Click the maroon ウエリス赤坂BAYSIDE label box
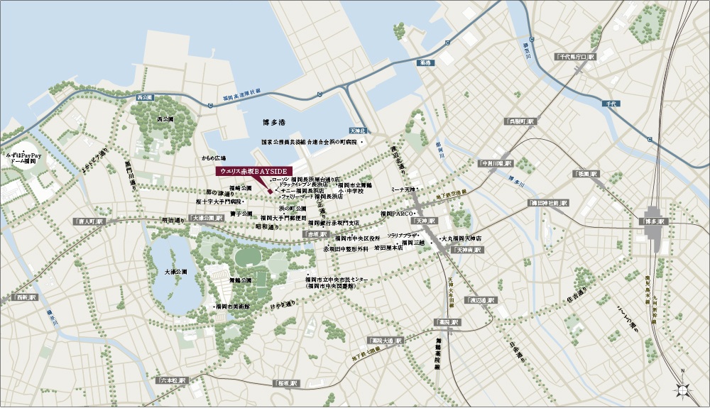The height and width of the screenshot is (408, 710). click(254, 171)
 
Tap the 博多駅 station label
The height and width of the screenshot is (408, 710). click(655, 221)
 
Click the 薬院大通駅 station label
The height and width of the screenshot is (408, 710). click(385, 341)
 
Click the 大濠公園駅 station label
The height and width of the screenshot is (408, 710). click(207, 219)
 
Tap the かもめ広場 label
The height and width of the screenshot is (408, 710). click(213, 158)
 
